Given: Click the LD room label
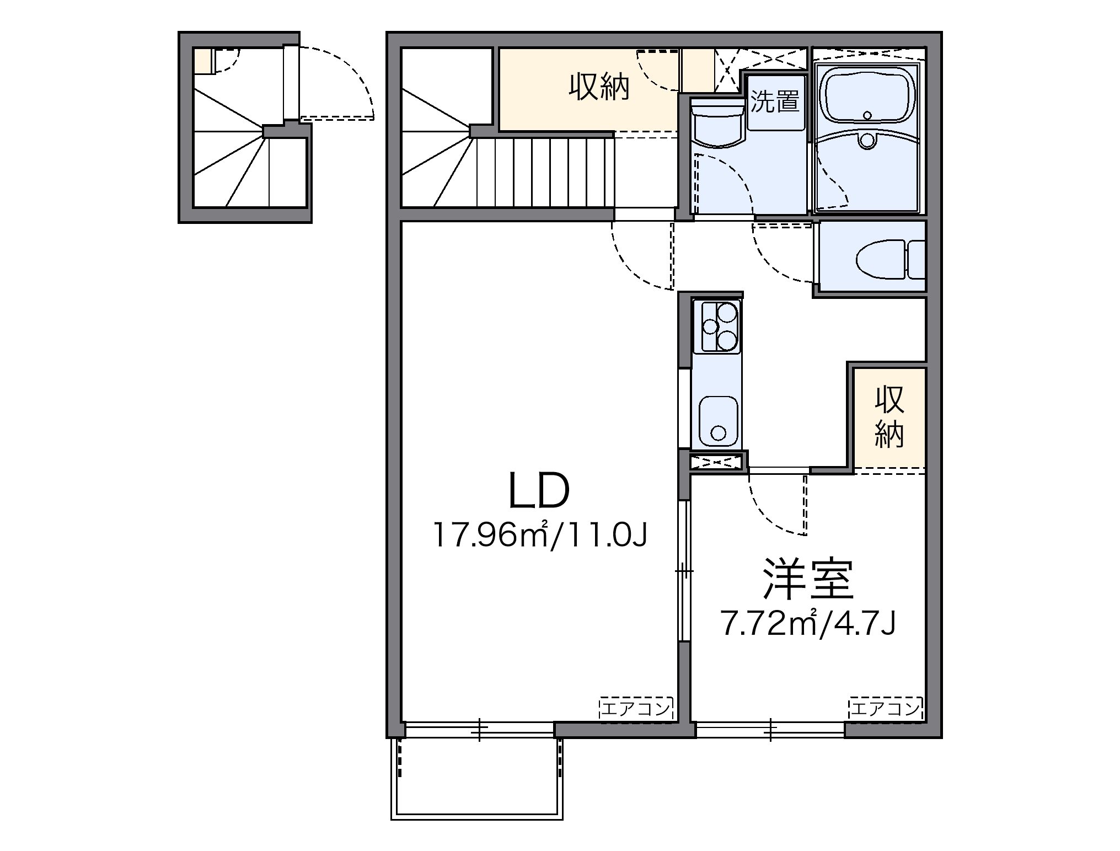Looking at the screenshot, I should [539, 490].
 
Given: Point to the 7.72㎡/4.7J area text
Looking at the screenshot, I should [808, 624].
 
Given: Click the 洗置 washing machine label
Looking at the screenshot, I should [775, 102].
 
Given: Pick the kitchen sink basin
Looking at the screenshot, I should [718, 423].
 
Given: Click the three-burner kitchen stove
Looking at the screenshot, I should [718, 328].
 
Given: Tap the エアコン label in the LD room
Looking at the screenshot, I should [636, 708].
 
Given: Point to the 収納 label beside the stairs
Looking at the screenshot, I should [599, 88].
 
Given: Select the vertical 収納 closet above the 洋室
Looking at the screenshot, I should [889, 418].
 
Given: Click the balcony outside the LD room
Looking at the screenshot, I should [477, 785].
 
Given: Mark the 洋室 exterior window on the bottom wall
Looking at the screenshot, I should [770, 730].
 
